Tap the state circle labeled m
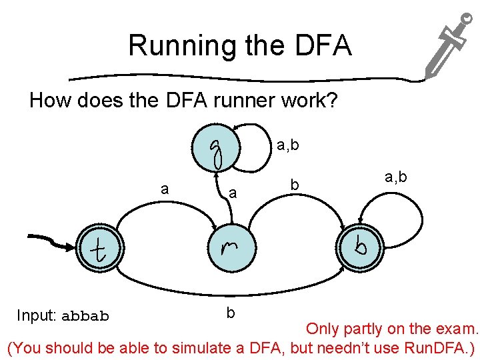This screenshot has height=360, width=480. [x=230, y=248]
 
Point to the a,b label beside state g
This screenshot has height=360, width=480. [x=288, y=144]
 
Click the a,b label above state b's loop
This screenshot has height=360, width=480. [x=397, y=177]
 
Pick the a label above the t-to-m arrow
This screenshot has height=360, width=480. [x=165, y=189]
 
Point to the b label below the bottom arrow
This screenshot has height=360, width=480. [x=230, y=311]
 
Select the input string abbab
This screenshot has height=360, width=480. [x=85, y=316]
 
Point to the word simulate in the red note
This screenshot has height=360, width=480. [x=204, y=347]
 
